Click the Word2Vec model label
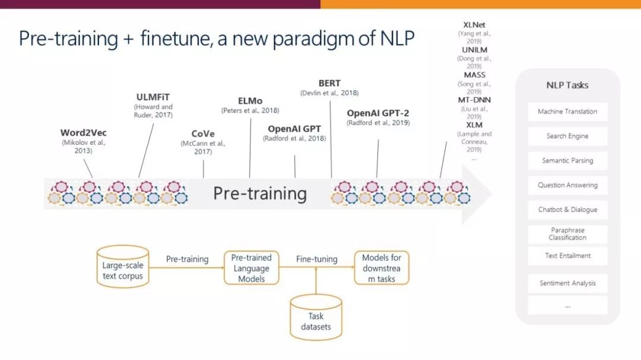84,133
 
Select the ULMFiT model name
153,97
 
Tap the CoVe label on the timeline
203,133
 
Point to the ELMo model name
250,101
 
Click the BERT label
329,83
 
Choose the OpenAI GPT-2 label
378,113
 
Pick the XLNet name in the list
474,25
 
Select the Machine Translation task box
567,111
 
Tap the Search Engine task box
567,136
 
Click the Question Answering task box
567,185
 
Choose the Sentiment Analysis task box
567,283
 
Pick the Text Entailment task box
567,256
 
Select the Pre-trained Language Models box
251,268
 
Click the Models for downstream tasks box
382,268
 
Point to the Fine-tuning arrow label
316,259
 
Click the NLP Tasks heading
567,85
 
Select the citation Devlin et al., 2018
330,93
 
